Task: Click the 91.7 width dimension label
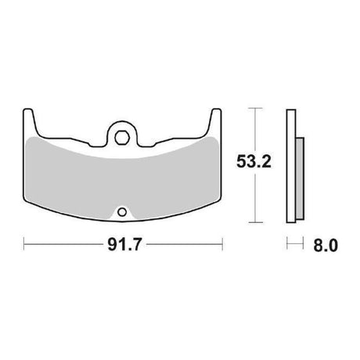[x=124, y=245]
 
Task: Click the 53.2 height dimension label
[x=254, y=161]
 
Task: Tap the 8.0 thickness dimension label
[x=326, y=246]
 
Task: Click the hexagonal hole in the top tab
[x=122, y=138]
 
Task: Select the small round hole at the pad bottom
[x=122, y=212]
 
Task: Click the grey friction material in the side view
[x=300, y=178]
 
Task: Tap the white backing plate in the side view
[x=291, y=166]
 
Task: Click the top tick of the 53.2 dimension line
[x=255, y=108]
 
